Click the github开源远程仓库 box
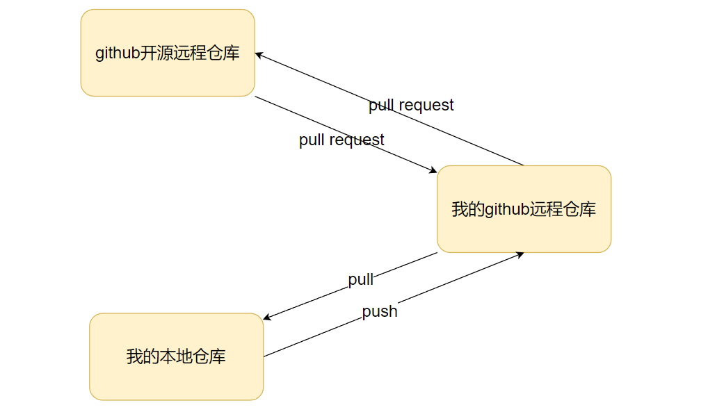tap(168, 53)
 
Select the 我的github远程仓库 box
tap(524, 208)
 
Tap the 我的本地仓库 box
tap(176, 356)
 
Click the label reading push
tap(380, 311)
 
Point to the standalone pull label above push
tap(361, 279)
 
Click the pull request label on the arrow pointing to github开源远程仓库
tap(411, 105)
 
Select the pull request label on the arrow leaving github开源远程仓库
tap(341, 140)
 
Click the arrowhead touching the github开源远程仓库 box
tap(259, 55)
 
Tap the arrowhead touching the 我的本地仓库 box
tap(268, 318)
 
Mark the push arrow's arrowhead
tap(519, 254)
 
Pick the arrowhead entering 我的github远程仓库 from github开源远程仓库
tap(433, 170)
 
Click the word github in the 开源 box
tap(118, 53)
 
